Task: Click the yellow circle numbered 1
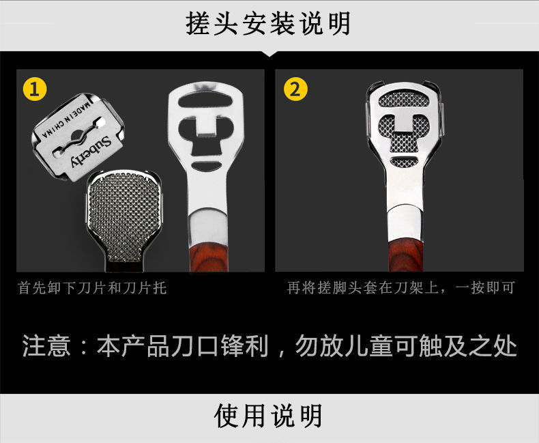click(x=35, y=89)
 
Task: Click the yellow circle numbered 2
click(x=295, y=89)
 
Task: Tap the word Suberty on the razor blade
click(x=91, y=152)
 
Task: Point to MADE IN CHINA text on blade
click(x=66, y=119)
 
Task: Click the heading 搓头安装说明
click(x=268, y=23)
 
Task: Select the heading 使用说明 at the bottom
click(x=268, y=416)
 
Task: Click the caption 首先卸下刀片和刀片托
click(x=93, y=287)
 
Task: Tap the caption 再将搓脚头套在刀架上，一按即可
click(x=400, y=287)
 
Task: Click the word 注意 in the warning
click(x=46, y=345)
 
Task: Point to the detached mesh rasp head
click(x=123, y=220)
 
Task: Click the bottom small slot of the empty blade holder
click(x=206, y=166)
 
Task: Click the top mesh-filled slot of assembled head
click(x=404, y=100)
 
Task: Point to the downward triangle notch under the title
click(x=269, y=54)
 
